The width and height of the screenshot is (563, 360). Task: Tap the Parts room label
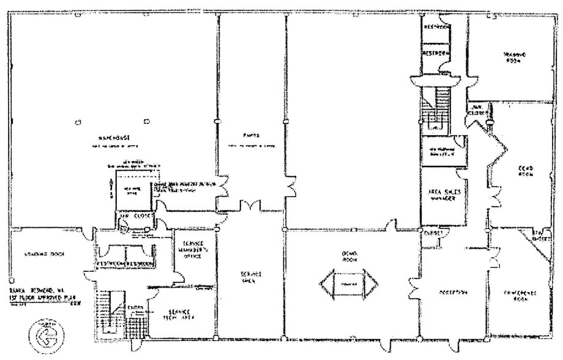250,136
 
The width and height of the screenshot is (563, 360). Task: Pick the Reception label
453,292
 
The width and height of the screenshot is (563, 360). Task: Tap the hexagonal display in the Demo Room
349,283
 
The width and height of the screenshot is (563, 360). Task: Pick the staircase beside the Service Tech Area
106,312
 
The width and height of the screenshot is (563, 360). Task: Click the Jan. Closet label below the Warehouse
136,216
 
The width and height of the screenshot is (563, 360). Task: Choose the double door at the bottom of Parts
252,206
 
